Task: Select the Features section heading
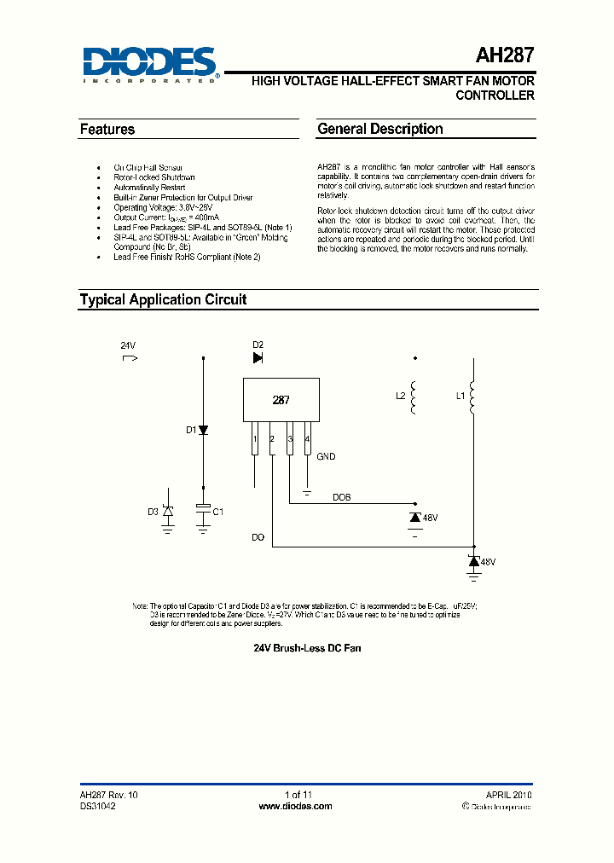(x=107, y=130)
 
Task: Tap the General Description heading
(x=379, y=130)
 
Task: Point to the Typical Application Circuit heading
(x=163, y=299)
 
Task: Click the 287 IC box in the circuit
(x=281, y=400)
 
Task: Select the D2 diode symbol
(x=258, y=358)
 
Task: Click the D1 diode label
(x=191, y=430)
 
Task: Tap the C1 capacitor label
(x=218, y=512)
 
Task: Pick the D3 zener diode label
(x=153, y=512)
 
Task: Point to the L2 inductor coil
(x=414, y=397)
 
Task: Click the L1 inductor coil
(x=473, y=397)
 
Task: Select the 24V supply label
(x=128, y=345)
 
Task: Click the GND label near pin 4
(x=326, y=457)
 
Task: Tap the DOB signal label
(x=341, y=496)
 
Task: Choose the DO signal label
(x=258, y=537)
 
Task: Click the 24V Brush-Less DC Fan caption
(x=307, y=648)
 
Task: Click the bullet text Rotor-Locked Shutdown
(x=154, y=177)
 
